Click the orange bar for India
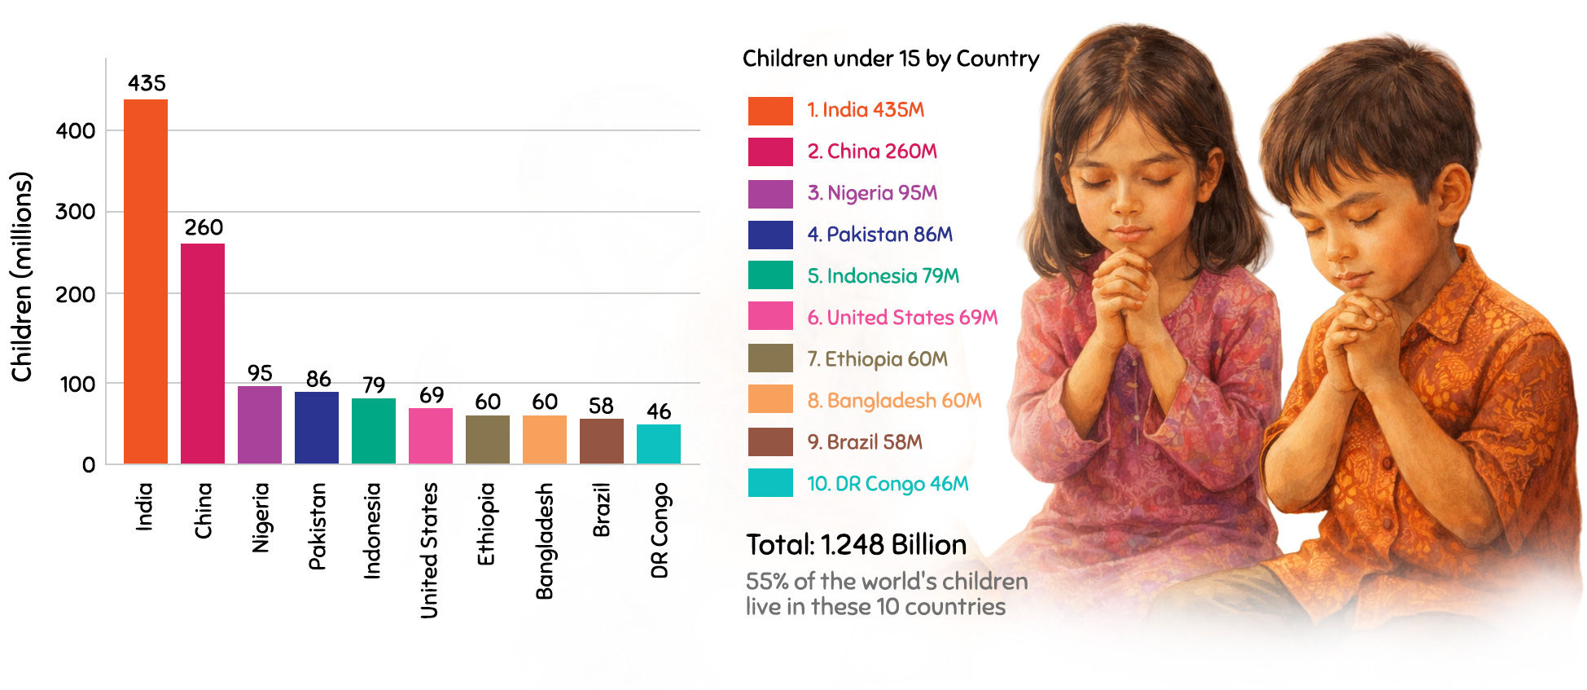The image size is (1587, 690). pyautogui.click(x=146, y=282)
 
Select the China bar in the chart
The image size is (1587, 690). pyautogui.click(x=203, y=354)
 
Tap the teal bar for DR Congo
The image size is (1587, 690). pyautogui.click(x=659, y=444)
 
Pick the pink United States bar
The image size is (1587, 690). pyautogui.click(x=431, y=436)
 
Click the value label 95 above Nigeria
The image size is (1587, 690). pyautogui.click(x=260, y=373)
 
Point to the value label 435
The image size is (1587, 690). pyautogui.click(x=147, y=83)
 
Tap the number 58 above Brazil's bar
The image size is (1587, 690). pyautogui.click(x=601, y=406)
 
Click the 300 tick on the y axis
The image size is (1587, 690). pyautogui.click(x=76, y=212)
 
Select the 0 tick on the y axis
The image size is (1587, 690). pyautogui.click(x=89, y=465)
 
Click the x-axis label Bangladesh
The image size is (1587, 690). pyautogui.click(x=544, y=541)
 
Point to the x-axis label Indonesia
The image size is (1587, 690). pyautogui.click(x=372, y=531)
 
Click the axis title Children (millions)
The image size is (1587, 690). pyautogui.click(x=22, y=277)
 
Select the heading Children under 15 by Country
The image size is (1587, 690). pyautogui.click(x=891, y=59)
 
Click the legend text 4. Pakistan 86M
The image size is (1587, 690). pyautogui.click(x=879, y=235)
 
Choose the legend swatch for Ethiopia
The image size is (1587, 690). pyautogui.click(x=770, y=358)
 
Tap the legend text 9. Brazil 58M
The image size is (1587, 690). pyautogui.click(x=865, y=442)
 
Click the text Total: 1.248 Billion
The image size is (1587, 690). pyautogui.click(x=857, y=544)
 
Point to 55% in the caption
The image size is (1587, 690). pyautogui.click(x=767, y=582)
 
